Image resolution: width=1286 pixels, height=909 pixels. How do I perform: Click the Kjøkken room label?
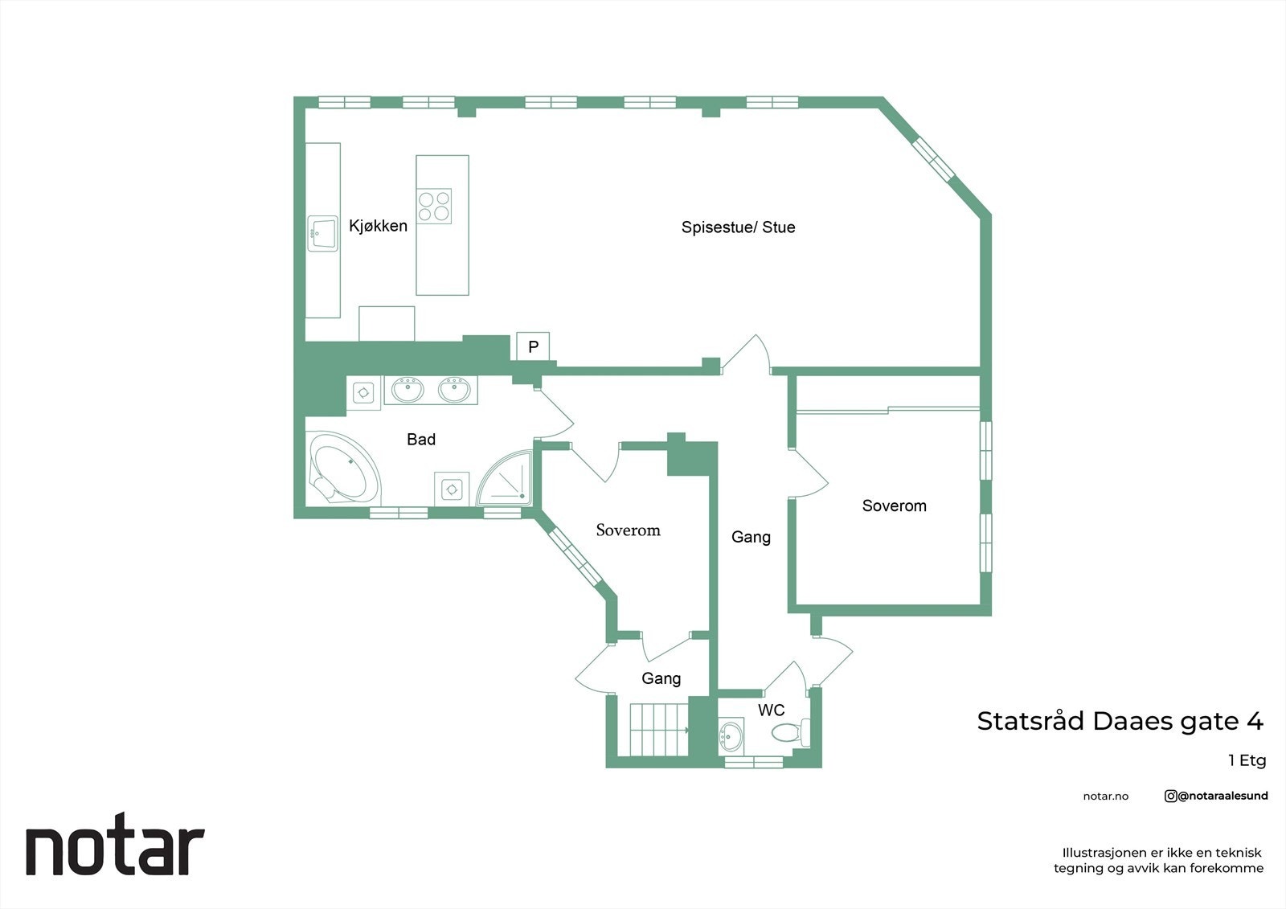pyautogui.click(x=378, y=226)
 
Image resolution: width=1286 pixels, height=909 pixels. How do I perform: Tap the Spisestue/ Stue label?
pyautogui.click(x=738, y=227)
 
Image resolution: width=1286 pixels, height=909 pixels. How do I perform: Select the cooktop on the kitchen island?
pyautogui.click(x=434, y=206)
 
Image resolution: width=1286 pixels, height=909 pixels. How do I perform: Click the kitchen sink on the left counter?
pyautogui.click(x=323, y=233)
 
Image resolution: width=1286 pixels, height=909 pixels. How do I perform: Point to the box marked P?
pyautogui.click(x=532, y=346)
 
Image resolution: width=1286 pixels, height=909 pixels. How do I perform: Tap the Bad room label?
pyautogui.click(x=421, y=440)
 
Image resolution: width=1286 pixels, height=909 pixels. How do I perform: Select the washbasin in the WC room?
pyautogui.click(x=731, y=734)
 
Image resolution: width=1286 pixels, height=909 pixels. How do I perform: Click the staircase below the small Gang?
pyautogui.click(x=657, y=730)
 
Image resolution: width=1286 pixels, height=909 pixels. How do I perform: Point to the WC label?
pyautogui.click(x=772, y=710)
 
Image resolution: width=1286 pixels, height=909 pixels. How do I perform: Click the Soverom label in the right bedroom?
pyautogui.click(x=894, y=506)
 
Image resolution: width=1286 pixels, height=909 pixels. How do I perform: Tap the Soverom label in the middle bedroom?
pyautogui.click(x=628, y=530)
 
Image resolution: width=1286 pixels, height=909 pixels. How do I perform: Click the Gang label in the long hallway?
pyautogui.click(x=751, y=537)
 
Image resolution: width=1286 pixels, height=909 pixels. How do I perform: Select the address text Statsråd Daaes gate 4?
pyautogui.click(x=1120, y=721)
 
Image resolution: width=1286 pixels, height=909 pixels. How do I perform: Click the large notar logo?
pyautogui.click(x=115, y=849)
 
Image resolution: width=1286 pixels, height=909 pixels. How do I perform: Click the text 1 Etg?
pyautogui.click(x=1247, y=760)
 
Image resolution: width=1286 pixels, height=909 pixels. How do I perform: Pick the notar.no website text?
pyautogui.click(x=1105, y=796)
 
